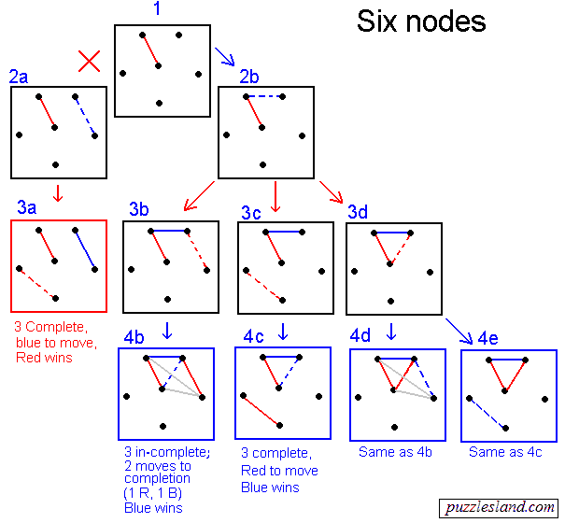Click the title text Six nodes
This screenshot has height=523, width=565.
[x=421, y=22]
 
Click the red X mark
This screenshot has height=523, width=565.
[x=90, y=62]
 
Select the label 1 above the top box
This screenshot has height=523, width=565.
[x=157, y=10]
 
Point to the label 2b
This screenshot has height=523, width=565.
[x=249, y=77]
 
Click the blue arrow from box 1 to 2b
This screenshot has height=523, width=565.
[x=224, y=58]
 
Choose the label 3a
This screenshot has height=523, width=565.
[x=27, y=207]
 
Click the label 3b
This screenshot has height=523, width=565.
[x=139, y=209]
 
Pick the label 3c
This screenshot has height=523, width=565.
[x=250, y=212]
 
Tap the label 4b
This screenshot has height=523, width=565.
[x=136, y=336]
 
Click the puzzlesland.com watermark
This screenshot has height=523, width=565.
[x=499, y=508]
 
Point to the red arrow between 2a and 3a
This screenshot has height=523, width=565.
[x=58, y=193]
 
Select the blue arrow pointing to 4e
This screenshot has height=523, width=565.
[x=459, y=329]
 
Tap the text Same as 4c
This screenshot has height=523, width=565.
[x=505, y=452]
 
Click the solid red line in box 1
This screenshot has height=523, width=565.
[x=150, y=50]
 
